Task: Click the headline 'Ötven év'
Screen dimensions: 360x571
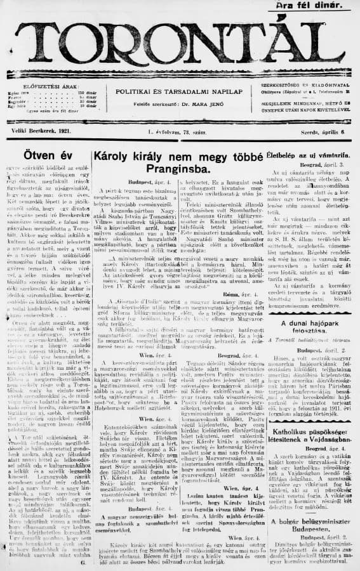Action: pos(44,155)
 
